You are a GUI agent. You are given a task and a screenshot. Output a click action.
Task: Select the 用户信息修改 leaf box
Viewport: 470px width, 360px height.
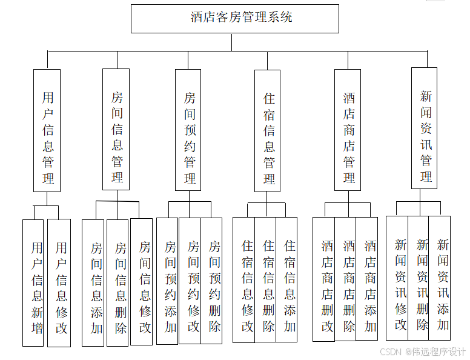(x=59, y=282)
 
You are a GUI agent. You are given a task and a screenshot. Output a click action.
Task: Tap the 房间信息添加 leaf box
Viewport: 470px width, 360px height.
(x=93, y=282)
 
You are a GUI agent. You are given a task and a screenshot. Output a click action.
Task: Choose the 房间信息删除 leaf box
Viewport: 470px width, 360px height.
(x=117, y=282)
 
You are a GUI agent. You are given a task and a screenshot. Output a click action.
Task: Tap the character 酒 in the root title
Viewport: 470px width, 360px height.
(x=197, y=18)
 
